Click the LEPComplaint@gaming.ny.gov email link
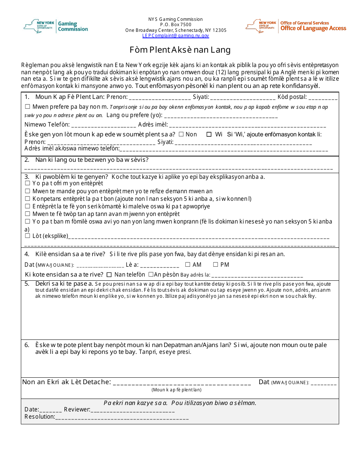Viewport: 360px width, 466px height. click(x=175, y=36)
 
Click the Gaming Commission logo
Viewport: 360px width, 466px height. click(x=56, y=26)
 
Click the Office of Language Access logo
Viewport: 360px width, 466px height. click(x=296, y=26)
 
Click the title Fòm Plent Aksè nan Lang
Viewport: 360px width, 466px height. click(x=180, y=50)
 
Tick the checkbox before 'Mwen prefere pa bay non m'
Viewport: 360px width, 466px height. click(x=27, y=107)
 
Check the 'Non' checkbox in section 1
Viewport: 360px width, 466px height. click(x=181, y=134)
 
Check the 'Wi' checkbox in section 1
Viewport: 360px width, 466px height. click(x=209, y=134)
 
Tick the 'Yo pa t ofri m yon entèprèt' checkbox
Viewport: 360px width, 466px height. click(x=27, y=184)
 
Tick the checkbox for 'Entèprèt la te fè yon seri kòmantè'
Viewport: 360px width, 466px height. click(x=27, y=206)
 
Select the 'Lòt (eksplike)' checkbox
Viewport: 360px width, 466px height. click(x=27, y=236)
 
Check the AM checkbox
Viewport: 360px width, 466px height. click(x=188, y=265)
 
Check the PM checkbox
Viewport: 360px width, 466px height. click(x=215, y=265)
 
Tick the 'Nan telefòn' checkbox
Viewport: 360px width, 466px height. click(x=109, y=275)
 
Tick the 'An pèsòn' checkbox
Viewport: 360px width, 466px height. click(x=151, y=275)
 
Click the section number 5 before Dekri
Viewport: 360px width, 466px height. click(x=27, y=284)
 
